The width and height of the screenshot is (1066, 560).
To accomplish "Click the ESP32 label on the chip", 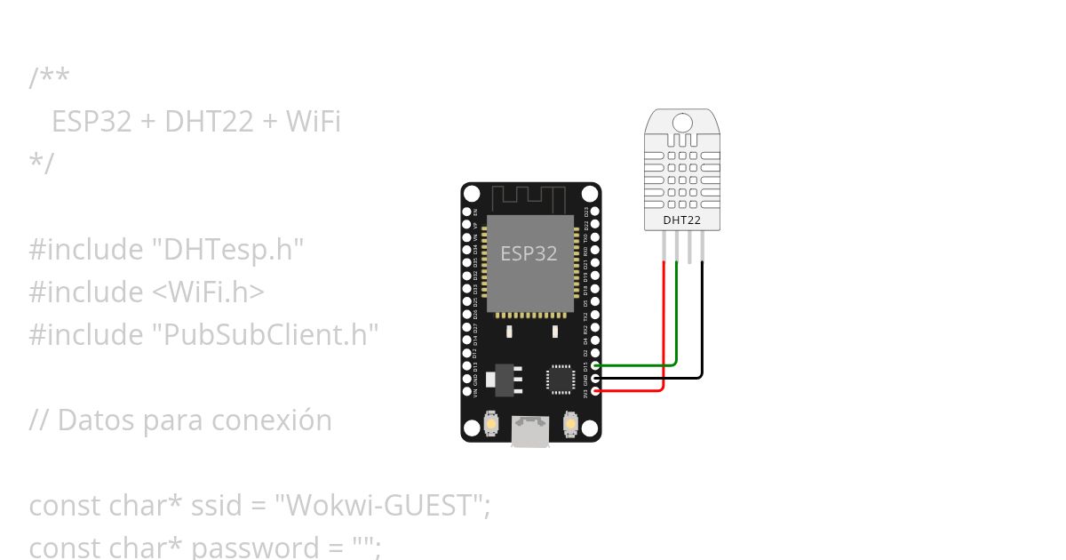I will [529, 253].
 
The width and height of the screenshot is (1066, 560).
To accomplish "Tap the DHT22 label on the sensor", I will [682, 220].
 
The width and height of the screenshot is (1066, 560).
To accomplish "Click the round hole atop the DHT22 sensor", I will [682, 122].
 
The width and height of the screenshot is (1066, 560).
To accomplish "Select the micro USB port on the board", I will [530, 433].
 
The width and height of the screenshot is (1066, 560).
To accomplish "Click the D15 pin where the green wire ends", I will [595, 365].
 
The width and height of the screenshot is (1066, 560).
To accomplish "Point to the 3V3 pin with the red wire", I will [595, 390].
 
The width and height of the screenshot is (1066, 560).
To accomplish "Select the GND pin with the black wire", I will [595, 378].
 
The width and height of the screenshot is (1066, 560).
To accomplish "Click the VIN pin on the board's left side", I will [467, 390].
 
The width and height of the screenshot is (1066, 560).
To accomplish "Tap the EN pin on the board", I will [467, 212].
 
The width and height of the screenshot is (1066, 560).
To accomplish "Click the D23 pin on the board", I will [595, 212].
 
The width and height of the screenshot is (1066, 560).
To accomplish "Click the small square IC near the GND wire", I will [561, 379].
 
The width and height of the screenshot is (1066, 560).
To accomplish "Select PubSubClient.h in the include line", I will [266, 335].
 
